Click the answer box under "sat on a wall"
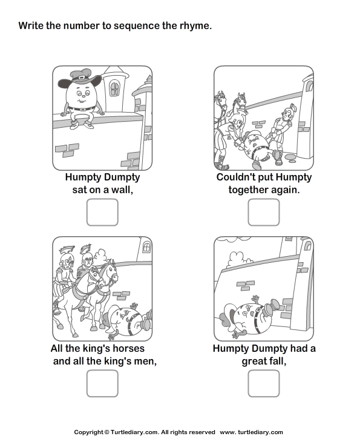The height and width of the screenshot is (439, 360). tap(102, 212)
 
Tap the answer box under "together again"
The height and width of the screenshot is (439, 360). tap(264, 212)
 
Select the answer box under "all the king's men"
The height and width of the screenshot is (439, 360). tap(102, 383)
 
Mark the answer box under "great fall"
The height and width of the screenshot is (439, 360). tap(264, 383)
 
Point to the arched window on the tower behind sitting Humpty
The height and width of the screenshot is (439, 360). tap(114, 88)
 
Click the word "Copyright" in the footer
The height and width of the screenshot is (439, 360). tap(88, 432)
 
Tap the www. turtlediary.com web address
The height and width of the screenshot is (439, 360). tap(251, 432)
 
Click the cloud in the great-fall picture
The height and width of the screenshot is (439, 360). tap(237, 259)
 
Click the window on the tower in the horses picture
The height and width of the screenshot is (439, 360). tap(146, 246)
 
